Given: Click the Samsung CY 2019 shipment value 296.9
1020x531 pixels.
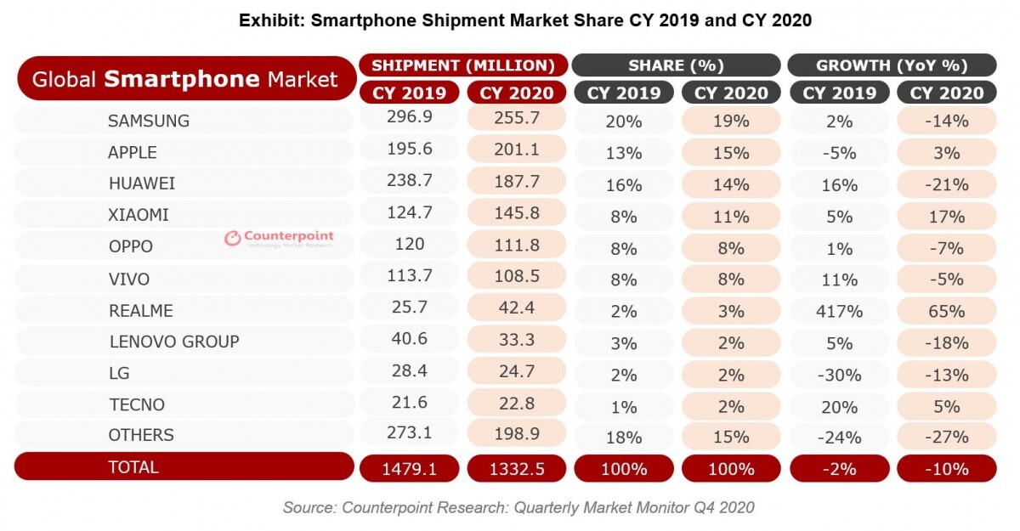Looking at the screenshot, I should pos(409,120).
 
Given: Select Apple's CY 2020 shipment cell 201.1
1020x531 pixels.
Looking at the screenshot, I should pos(516,151).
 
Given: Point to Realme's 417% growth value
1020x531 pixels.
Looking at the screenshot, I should pos(839,311).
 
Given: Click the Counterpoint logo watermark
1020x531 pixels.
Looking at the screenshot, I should pos(280,239).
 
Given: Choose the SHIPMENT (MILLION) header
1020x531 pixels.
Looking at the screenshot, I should pos(463,65).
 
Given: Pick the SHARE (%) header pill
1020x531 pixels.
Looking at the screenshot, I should pos(676,65).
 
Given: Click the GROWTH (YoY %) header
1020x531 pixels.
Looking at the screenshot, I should pos(892,65).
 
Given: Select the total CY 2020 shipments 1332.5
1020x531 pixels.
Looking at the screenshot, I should pos(516,468).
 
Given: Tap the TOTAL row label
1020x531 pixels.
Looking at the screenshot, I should pos(133,466).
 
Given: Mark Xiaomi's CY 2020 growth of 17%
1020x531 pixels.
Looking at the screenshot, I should pos(946,216).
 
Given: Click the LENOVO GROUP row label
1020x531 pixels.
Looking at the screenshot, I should pos(174,342).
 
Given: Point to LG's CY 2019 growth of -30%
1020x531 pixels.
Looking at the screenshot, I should pos(839,375).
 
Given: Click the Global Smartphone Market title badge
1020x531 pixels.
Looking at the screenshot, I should pos(185,80).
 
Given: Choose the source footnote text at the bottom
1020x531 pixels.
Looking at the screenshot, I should pos(518,508).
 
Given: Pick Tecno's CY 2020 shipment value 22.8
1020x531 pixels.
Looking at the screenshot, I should pos(516,405).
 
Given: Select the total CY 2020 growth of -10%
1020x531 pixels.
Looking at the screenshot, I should pos(946,468).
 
